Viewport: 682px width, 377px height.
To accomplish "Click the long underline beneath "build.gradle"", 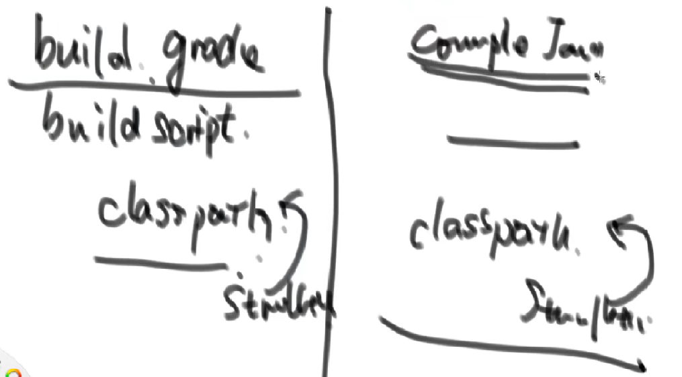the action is (x=155, y=88).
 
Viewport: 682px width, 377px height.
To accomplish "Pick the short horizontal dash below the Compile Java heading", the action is (x=513, y=141).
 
